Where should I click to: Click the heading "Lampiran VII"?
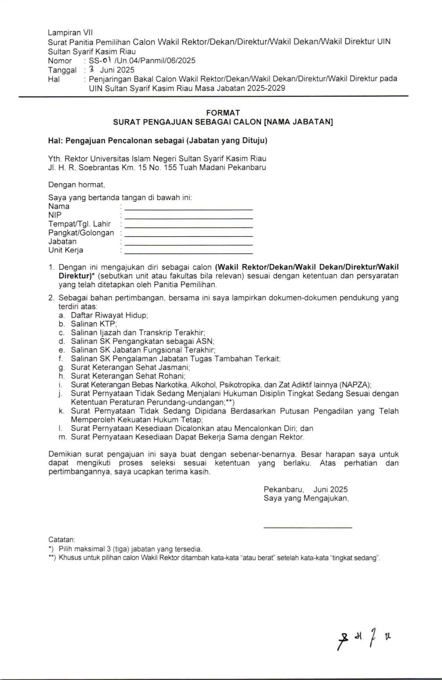(70, 33)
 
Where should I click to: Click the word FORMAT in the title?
(223, 113)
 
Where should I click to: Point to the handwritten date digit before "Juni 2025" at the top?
(92, 69)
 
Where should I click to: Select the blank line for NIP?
(188, 218)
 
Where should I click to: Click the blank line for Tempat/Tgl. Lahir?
(188, 227)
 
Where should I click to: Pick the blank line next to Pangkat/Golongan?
(188, 236)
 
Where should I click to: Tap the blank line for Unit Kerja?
(188, 253)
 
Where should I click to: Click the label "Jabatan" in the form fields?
(62, 241)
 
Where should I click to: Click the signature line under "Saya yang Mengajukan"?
(308, 528)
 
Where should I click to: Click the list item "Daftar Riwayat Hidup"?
(109, 315)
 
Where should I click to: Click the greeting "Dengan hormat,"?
(76, 185)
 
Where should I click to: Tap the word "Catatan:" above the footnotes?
(61, 540)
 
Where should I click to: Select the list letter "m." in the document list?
(62, 437)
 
